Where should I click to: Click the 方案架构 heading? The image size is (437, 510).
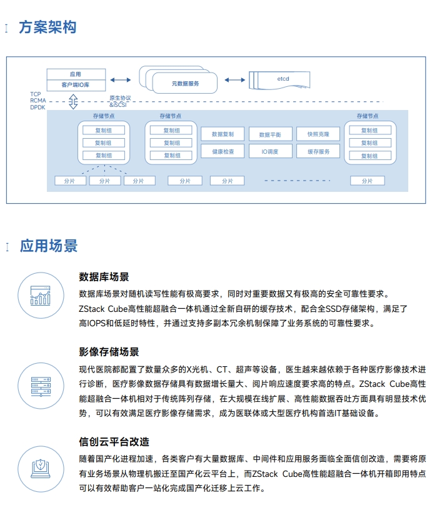coord(48,27)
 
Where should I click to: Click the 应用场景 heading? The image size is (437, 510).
coord(49,246)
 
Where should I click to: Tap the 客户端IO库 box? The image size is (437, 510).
coord(76,85)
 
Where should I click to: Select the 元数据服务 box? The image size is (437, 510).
coord(185,83)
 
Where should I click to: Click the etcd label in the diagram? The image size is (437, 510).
coord(283,79)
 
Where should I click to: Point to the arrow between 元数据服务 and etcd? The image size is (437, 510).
coord(234,80)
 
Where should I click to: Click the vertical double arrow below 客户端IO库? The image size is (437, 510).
coord(73,101)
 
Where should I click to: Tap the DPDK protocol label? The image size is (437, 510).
coord(38,107)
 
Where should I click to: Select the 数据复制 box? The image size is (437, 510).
coord(223,134)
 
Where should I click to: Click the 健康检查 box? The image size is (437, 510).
coord(223,151)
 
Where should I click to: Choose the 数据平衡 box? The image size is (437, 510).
coord(271,134)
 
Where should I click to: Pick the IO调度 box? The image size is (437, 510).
coord(271,151)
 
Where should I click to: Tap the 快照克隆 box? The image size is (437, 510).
coord(318,134)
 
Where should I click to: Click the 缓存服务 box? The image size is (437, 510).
coord(318,151)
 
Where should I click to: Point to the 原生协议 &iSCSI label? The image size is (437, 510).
coord(120,101)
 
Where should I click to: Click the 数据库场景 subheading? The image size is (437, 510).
coord(104,277)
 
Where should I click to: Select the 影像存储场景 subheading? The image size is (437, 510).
coord(109,352)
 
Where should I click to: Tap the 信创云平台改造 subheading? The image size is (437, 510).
coord(114,442)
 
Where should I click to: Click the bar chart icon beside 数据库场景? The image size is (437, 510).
coord(41,296)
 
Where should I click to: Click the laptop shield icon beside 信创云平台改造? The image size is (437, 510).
coord(41,469)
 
